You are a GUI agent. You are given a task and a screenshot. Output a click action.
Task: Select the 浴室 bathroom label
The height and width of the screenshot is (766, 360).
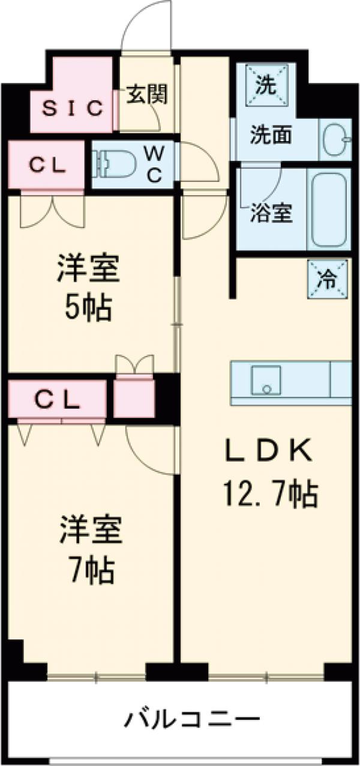pyautogui.click(x=271, y=214)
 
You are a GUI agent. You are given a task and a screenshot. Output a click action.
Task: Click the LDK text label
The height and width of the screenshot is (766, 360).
pyautogui.click(x=269, y=451)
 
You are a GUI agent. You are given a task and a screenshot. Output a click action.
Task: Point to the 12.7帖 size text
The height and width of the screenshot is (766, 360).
pyautogui.click(x=270, y=495)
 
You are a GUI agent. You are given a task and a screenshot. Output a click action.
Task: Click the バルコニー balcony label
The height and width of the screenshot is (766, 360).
pyautogui.click(x=192, y=719)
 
